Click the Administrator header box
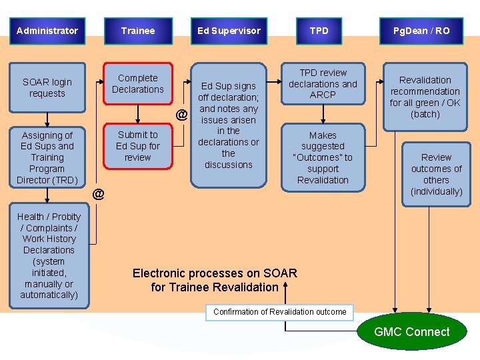coord(47,31)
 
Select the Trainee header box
coord(138,31)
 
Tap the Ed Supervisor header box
coord(229,31)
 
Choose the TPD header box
coord(319,31)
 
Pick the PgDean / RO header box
coord(421,31)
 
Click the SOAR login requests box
coord(47,87)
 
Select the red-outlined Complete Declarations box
coord(138,83)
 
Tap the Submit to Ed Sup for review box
coord(138,146)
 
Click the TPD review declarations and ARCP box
coord(323,83)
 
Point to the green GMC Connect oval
coord(412,331)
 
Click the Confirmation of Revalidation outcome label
coord(279,312)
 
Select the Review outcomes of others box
coord(436,174)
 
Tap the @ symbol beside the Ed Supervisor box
coord(181,115)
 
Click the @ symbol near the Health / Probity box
coord(98,194)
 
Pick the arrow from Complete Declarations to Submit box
coord(138,114)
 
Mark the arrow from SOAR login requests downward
coord(47,120)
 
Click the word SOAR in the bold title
coord(280,273)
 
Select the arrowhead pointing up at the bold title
coord(285,285)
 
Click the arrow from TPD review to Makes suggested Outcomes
coord(323,114)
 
